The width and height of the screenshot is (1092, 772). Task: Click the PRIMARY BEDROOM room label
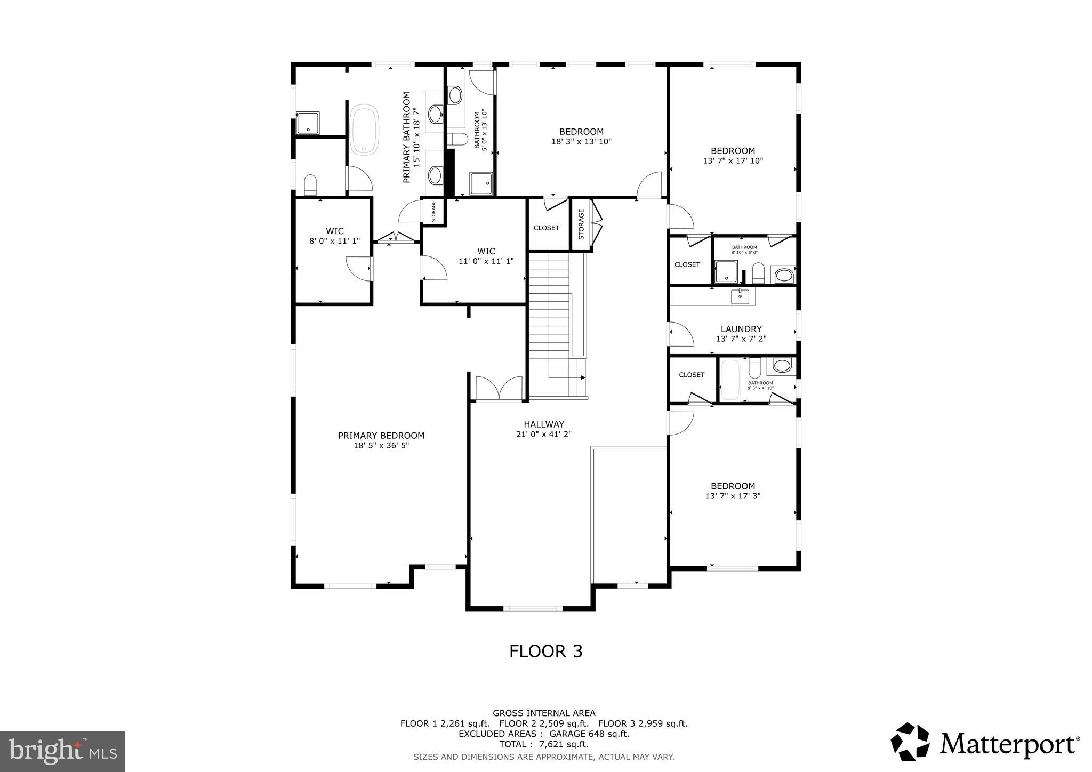(x=381, y=436)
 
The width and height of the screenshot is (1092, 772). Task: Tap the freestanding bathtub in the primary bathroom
(x=365, y=130)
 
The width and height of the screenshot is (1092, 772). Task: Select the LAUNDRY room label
(x=741, y=329)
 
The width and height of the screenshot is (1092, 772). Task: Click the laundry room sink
(x=740, y=296)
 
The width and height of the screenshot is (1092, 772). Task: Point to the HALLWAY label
(x=543, y=424)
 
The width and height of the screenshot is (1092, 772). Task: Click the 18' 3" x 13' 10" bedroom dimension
(x=581, y=142)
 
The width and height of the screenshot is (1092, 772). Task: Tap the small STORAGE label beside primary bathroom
(x=433, y=212)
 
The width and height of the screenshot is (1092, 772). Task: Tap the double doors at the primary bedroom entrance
(x=499, y=388)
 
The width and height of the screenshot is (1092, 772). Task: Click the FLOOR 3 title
(x=545, y=651)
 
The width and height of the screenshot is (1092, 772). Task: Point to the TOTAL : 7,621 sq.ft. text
(x=543, y=744)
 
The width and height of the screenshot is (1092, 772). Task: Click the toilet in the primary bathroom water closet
(x=310, y=185)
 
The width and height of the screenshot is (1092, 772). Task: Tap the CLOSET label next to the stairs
(x=547, y=228)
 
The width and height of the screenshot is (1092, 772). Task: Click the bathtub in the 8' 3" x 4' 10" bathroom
(x=730, y=380)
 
